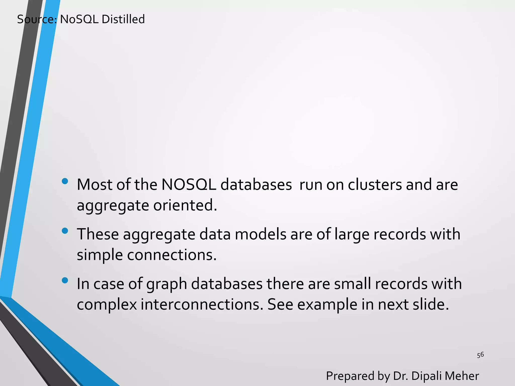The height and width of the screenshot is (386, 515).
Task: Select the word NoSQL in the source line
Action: click(79, 19)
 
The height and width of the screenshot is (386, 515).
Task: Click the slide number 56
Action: click(480, 355)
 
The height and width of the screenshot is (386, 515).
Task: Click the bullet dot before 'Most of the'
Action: click(65, 181)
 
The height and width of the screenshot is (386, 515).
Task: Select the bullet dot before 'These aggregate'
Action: click(65, 231)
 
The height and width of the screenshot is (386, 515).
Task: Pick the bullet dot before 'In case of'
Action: click(65, 280)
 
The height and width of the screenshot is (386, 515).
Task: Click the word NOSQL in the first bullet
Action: click(189, 185)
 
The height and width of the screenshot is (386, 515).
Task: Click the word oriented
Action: click(185, 205)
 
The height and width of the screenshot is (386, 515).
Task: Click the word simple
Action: click(100, 255)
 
